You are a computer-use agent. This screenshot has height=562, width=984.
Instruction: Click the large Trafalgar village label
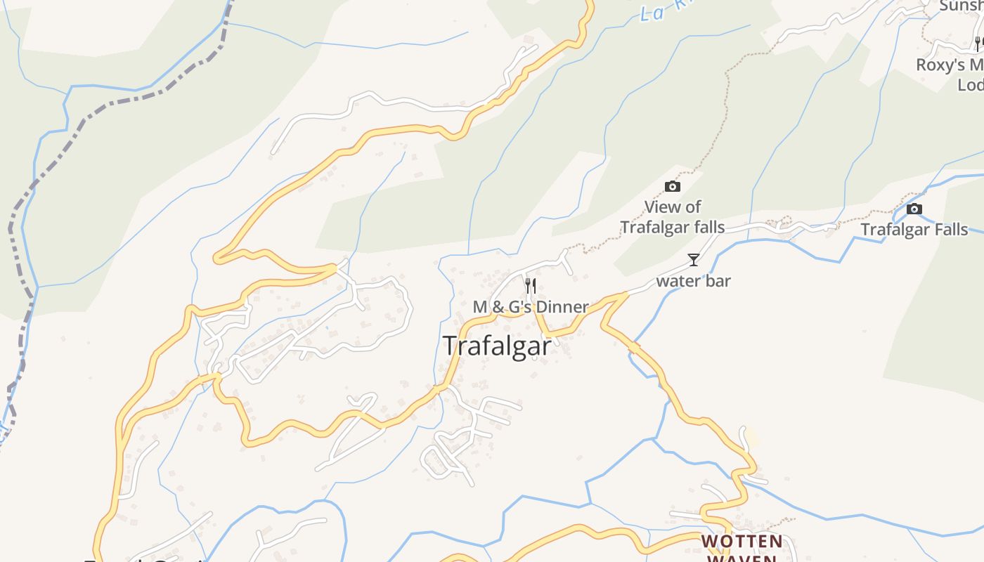497,346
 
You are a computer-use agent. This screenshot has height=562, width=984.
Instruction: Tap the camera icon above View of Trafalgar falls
673,186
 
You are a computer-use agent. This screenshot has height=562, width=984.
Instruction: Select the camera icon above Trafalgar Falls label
914,209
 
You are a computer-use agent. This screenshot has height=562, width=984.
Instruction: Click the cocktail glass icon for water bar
694,260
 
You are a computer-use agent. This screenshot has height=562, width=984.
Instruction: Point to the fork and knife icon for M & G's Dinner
531,285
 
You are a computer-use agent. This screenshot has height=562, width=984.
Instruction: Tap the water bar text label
693,281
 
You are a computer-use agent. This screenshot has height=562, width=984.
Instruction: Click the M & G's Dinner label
531,307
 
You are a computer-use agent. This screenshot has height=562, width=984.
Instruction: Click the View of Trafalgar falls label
673,217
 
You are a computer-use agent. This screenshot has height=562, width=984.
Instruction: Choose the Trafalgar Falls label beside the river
914,230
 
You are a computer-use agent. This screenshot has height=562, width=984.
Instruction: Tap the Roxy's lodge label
950,74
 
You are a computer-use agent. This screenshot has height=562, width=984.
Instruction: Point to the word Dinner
561,307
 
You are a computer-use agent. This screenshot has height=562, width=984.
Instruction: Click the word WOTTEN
742,542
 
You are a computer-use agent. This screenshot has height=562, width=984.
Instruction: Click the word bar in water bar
718,281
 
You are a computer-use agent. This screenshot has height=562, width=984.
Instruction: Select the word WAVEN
742,558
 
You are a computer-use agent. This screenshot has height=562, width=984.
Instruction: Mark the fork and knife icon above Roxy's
978,44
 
